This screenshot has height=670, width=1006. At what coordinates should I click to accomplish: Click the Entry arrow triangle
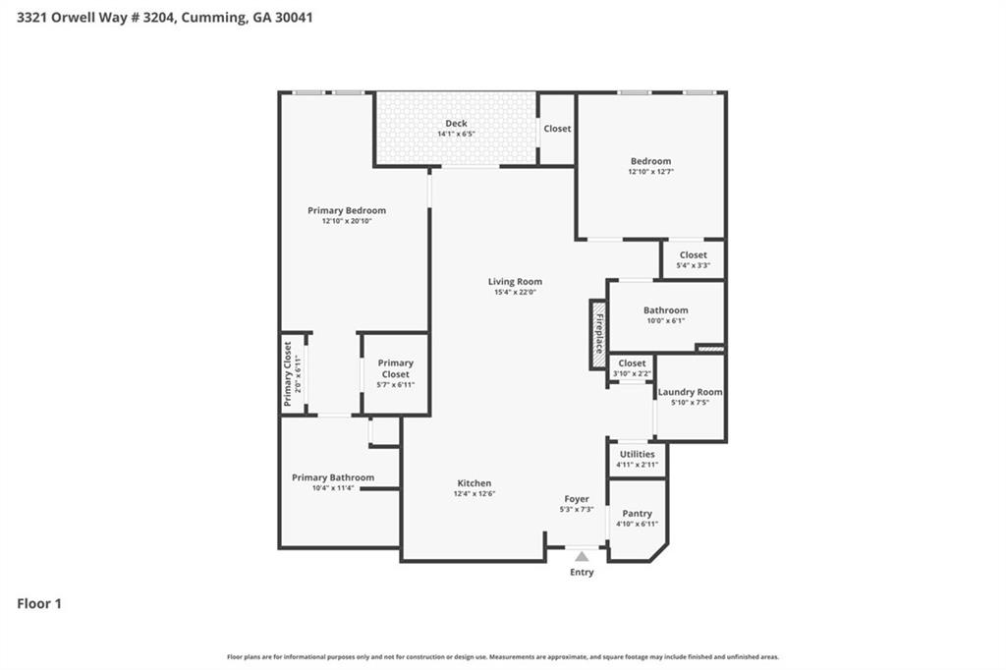(x=582, y=557)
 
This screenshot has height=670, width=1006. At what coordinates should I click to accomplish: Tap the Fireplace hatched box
(x=597, y=334)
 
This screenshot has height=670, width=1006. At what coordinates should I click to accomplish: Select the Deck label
(x=456, y=124)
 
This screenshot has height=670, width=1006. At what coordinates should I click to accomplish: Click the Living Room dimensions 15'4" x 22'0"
(x=515, y=292)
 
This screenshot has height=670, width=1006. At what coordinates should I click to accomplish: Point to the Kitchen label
(x=474, y=483)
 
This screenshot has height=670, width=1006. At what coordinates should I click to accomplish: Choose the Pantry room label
(x=637, y=514)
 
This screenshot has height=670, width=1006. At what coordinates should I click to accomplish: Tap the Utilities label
(x=637, y=454)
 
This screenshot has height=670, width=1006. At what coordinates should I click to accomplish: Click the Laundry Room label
(x=690, y=392)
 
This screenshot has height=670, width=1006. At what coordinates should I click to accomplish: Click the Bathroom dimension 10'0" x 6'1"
(x=665, y=320)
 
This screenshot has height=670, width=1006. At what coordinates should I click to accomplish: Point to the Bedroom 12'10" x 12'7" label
(x=650, y=161)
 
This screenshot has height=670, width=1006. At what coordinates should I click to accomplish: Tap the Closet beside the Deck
(x=557, y=129)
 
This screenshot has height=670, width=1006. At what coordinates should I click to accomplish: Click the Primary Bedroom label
(x=346, y=210)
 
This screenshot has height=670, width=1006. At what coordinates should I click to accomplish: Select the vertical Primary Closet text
(x=288, y=373)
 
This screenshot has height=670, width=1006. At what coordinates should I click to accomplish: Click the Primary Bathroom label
(x=332, y=477)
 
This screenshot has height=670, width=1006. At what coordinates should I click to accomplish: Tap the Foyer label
(x=577, y=499)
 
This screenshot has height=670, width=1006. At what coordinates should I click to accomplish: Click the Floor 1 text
(x=39, y=604)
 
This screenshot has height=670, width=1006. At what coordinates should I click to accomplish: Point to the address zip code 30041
(x=294, y=18)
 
